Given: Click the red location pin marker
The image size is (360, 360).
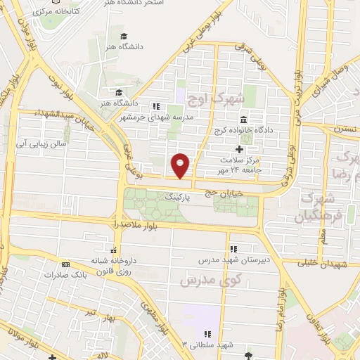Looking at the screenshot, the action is coord(181,165).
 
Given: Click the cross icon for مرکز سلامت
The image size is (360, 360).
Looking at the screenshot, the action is coord(239,149).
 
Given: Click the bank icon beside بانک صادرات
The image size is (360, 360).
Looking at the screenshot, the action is coord(65,264).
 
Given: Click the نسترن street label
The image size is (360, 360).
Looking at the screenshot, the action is coord(347,130).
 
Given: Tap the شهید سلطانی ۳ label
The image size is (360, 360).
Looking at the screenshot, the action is coord(205,345).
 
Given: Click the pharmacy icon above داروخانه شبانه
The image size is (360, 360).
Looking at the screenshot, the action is coord(113,249).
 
